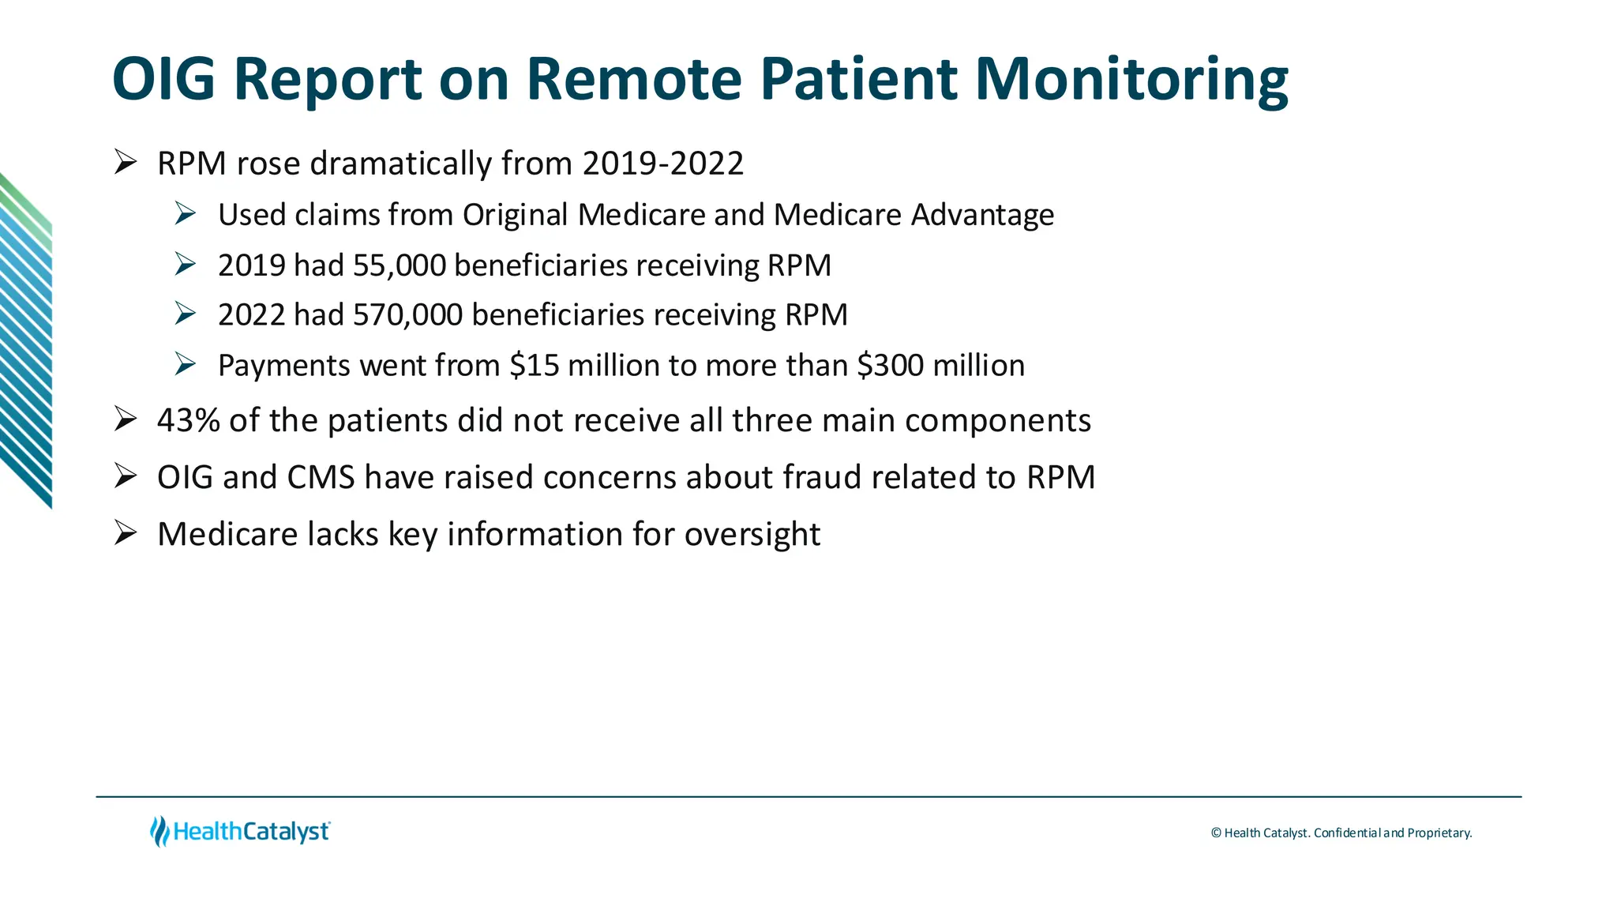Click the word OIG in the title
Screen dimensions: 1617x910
pyautogui.click(x=163, y=79)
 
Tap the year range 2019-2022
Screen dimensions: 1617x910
pyautogui.click(x=663, y=164)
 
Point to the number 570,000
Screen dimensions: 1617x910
pyautogui.click(x=407, y=315)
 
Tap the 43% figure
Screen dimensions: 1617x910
pyautogui.click(x=189, y=420)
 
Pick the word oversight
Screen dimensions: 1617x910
pyautogui.click(x=752, y=535)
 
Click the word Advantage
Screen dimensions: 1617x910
pyautogui.click(x=982, y=215)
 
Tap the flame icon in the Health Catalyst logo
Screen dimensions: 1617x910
pyautogui.click(x=159, y=831)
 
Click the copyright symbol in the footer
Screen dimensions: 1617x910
pyautogui.click(x=1216, y=833)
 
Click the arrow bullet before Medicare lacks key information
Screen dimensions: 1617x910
pyautogui.click(x=126, y=533)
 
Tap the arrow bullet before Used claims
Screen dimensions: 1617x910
pyautogui.click(x=186, y=213)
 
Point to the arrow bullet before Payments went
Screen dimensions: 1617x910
pyautogui.click(x=186, y=364)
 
